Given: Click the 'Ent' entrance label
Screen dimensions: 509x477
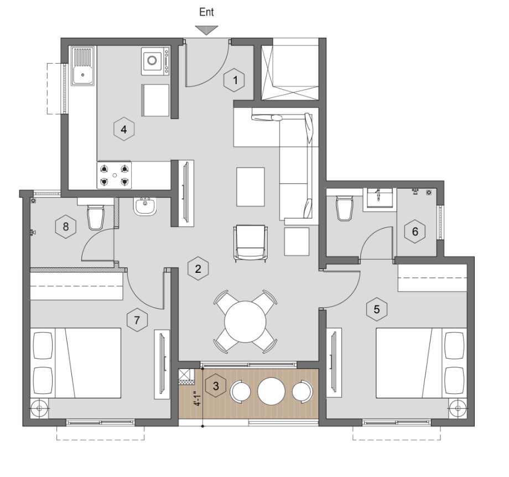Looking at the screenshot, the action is pos(206,12).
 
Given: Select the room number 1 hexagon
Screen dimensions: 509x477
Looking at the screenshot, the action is pos(234,80).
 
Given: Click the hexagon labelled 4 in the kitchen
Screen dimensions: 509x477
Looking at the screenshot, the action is pos(124,129).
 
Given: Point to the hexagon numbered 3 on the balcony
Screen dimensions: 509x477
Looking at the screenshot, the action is pos(216,386).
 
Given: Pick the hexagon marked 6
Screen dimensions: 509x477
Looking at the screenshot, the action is pos(415,231).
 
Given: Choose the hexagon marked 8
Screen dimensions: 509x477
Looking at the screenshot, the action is pos(66,226).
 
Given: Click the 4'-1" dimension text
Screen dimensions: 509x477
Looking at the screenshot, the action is pos(198,398).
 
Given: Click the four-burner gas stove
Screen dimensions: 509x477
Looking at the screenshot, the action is pos(115,175).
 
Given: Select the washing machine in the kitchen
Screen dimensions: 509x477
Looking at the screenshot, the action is pos(155,61).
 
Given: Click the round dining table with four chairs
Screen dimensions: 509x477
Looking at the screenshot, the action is pos(246,322).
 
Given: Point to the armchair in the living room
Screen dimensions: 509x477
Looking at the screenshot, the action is pos(251,243).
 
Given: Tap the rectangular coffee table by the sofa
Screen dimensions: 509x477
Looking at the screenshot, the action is pos(250,186).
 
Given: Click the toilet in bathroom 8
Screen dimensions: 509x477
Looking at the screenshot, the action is pos(96,217).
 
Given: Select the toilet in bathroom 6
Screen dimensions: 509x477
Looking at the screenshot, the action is pos(345,208).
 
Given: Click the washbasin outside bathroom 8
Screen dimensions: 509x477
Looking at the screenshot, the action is pos(145,206).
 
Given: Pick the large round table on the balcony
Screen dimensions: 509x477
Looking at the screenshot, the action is pos(272,391).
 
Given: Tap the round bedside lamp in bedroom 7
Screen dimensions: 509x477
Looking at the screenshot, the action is pos(39,408).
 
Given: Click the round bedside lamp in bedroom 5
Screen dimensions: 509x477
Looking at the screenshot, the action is pos(458,408).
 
